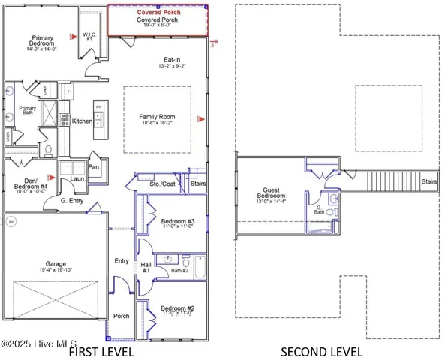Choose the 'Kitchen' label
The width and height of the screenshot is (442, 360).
(x=82, y=121)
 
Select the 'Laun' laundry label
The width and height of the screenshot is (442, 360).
(x=78, y=180)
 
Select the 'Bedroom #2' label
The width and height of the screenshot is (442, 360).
(x=177, y=308)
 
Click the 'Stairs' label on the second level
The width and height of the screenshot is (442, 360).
(x=429, y=181)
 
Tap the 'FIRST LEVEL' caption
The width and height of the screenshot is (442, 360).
(x=101, y=351)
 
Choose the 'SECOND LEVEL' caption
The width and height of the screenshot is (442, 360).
(x=321, y=351)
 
